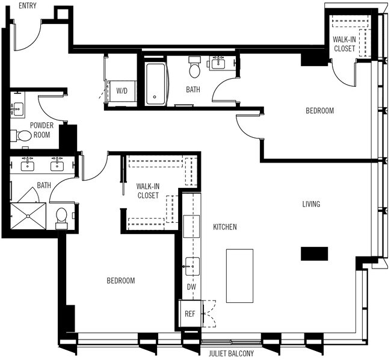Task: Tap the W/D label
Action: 122,91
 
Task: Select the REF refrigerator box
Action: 190,314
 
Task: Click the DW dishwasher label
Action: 191,288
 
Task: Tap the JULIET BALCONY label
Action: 231,354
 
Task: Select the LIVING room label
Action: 310,204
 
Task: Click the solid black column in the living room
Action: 315,253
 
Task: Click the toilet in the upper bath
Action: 194,69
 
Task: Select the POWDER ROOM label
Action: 42,129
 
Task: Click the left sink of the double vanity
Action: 27,163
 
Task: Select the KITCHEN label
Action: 225,227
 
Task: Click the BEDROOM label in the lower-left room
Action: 121,281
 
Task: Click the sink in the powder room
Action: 17,109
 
